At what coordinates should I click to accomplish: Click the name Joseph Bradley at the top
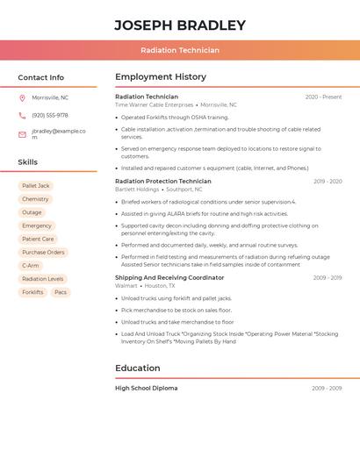(180, 25)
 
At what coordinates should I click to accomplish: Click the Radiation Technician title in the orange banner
(180, 50)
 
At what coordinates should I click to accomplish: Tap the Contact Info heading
(41, 77)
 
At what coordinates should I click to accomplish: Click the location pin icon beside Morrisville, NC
(22, 97)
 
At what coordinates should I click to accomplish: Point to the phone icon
(22, 116)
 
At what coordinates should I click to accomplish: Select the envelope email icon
(22, 134)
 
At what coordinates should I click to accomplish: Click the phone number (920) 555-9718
(50, 116)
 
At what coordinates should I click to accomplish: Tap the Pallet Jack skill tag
(36, 186)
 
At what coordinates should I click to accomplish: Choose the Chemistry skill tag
(35, 199)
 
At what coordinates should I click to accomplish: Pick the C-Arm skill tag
(31, 265)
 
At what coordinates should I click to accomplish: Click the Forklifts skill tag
(32, 292)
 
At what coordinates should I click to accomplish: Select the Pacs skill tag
(61, 292)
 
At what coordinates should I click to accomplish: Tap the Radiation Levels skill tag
(43, 279)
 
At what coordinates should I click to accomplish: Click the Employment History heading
(161, 77)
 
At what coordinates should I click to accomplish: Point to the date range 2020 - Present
(323, 97)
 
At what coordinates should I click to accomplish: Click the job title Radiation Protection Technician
(163, 182)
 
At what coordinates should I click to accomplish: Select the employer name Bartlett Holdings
(137, 190)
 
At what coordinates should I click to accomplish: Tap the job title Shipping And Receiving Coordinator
(169, 277)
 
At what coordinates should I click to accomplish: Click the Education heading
(138, 368)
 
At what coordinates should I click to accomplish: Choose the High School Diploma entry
(147, 388)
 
